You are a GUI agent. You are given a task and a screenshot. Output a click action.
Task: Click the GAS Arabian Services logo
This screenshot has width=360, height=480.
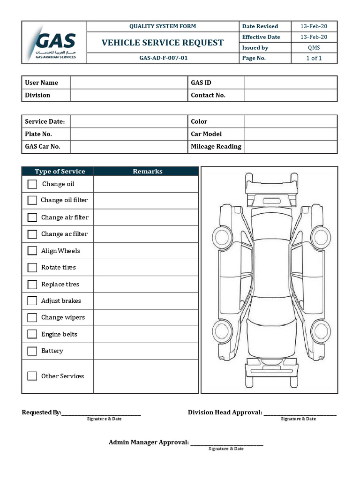[x=54, y=43]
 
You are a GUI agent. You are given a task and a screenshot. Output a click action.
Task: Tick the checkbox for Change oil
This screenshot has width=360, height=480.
[x=32, y=184]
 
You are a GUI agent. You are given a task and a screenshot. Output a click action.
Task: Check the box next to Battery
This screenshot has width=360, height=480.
[x=32, y=351]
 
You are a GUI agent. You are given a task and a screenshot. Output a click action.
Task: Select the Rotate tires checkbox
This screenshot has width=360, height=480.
[x=32, y=268]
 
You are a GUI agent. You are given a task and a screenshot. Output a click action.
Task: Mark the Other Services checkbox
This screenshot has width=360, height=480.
[x=32, y=376]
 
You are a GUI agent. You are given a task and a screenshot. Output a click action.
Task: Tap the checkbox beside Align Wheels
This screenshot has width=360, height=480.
[x=32, y=251]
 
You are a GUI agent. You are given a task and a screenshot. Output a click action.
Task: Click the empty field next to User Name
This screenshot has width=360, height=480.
[x=128, y=82]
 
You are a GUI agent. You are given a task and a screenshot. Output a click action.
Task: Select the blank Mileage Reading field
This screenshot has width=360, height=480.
[x=291, y=147]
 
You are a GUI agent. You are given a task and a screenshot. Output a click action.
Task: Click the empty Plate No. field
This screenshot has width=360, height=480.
[x=128, y=134]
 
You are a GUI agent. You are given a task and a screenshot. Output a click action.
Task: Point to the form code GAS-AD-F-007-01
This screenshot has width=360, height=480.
[x=163, y=59]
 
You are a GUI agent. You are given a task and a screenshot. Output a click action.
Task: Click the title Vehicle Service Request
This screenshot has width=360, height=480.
[x=163, y=43]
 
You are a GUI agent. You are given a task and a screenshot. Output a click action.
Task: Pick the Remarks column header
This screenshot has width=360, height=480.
[x=147, y=172]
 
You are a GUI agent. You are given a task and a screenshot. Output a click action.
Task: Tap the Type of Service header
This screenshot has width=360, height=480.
[x=60, y=172]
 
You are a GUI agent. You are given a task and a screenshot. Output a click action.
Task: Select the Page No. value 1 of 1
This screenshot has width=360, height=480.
[x=314, y=58]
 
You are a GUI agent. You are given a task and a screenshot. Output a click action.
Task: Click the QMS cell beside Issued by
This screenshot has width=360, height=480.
[x=314, y=48]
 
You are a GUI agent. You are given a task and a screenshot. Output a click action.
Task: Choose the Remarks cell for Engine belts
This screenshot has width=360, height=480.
[x=146, y=334]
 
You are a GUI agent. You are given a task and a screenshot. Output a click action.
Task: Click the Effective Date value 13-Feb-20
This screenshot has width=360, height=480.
[x=314, y=37]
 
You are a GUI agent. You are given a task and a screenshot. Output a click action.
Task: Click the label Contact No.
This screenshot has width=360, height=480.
[x=208, y=95]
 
